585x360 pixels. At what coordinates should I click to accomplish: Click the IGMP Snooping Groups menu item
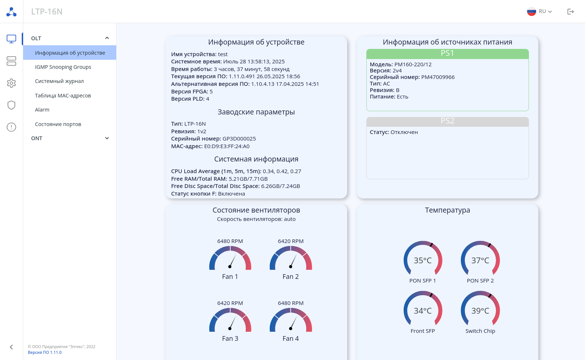point(63,67)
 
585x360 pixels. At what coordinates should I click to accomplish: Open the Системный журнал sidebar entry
point(59,81)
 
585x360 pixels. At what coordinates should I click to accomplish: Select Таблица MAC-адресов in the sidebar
point(63,96)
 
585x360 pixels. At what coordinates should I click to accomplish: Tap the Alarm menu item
point(42,110)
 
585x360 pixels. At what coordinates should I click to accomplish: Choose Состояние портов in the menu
point(58,124)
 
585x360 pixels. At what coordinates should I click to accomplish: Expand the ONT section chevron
point(107,138)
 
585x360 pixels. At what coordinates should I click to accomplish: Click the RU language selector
point(539,12)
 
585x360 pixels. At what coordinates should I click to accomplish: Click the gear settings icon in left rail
point(11,83)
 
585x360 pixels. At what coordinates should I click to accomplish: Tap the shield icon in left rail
point(11,105)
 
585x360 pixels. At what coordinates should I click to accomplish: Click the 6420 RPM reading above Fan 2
point(291,241)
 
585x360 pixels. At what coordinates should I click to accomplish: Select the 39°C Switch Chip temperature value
point(480,311)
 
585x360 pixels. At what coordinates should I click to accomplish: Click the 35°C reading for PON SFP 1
point(422,260)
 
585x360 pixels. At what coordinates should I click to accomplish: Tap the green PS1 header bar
point(447,54)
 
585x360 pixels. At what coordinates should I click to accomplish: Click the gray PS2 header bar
point(447,121)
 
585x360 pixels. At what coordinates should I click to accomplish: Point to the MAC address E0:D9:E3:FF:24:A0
point(227,146)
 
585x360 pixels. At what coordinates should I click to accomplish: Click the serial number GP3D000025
point(239,139)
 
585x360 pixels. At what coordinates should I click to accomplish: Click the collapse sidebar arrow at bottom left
point(11,347)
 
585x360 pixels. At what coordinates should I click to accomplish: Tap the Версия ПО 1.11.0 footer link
point(45,352)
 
